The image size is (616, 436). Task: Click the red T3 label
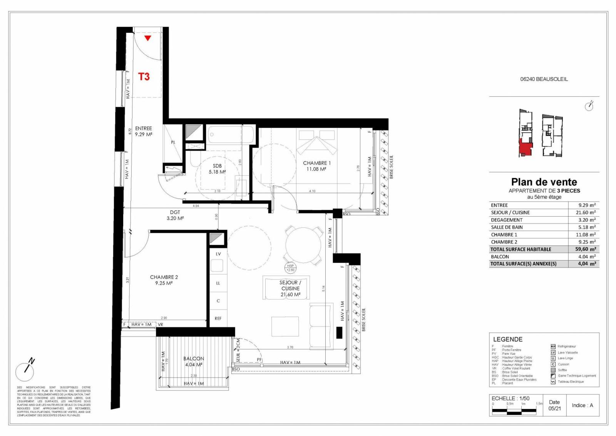click(144, 77)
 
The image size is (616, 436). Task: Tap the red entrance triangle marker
click(147, 38)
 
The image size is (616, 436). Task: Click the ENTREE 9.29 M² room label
click(144, 131)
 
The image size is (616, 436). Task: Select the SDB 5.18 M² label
click(217, 169)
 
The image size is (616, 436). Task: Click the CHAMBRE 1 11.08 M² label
click(316, 166)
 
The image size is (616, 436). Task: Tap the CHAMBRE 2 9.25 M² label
click(164, 280)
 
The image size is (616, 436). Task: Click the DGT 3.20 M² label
click(175, 215)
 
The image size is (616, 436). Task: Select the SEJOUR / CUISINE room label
click(290, 288)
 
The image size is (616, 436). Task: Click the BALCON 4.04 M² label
click(194, 361)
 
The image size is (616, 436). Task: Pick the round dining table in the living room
click(303, 245)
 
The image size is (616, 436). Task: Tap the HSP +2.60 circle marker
click(290, 268)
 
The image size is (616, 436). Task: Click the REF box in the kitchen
click(218, 318)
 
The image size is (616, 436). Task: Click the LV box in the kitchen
click(218, 254)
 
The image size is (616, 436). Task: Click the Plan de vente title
click(544, 182)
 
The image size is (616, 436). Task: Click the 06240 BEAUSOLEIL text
click(544, 79)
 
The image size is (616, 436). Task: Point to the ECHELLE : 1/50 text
click(511, 398)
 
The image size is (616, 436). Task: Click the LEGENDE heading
click(508, 339)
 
